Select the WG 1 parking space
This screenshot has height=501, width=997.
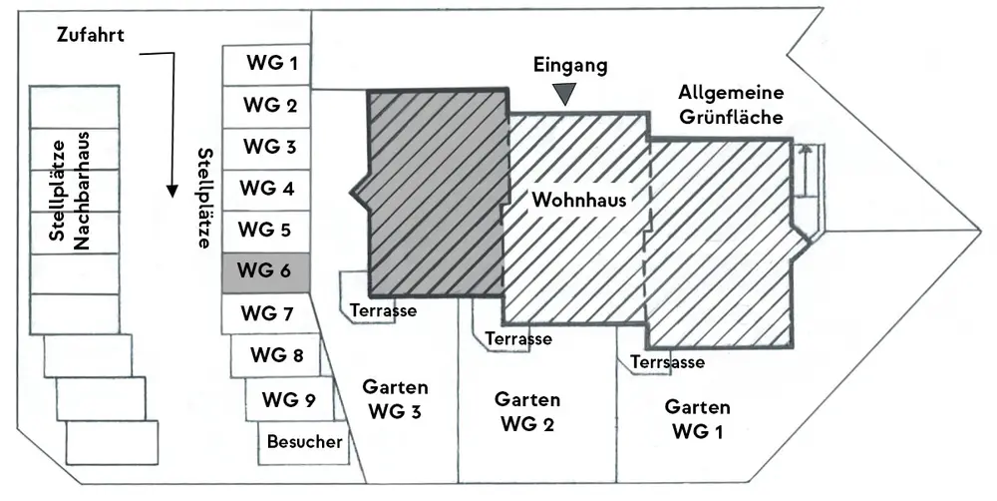click(266, 65)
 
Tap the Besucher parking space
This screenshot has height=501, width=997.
click(305, 442)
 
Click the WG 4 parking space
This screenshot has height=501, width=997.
click(266, 189)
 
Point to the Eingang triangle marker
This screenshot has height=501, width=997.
click(566, 94)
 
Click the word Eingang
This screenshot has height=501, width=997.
click(569, 66)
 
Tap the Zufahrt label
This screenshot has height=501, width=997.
click(89, 35)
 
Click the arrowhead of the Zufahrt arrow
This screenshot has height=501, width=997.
click(172, 189)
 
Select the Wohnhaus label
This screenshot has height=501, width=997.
click(578, 200)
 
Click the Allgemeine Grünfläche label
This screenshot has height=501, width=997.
click(731, 104)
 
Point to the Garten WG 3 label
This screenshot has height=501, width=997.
click(395, 398)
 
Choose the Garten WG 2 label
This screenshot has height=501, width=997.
click(527, 410)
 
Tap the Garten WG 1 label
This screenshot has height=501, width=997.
click(698, 419)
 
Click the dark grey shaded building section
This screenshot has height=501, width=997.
click(431, 195)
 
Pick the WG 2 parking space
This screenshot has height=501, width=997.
click(266, 106)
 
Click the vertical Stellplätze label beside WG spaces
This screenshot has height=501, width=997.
click(205, 197)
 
